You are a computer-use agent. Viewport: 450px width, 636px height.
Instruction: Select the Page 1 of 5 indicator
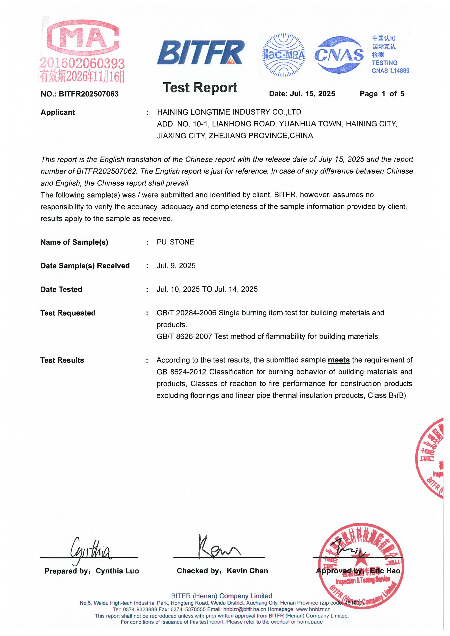[382, 94]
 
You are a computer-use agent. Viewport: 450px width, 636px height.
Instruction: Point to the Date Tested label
[61, 289]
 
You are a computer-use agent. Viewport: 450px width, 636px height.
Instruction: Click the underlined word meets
[339, 360]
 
